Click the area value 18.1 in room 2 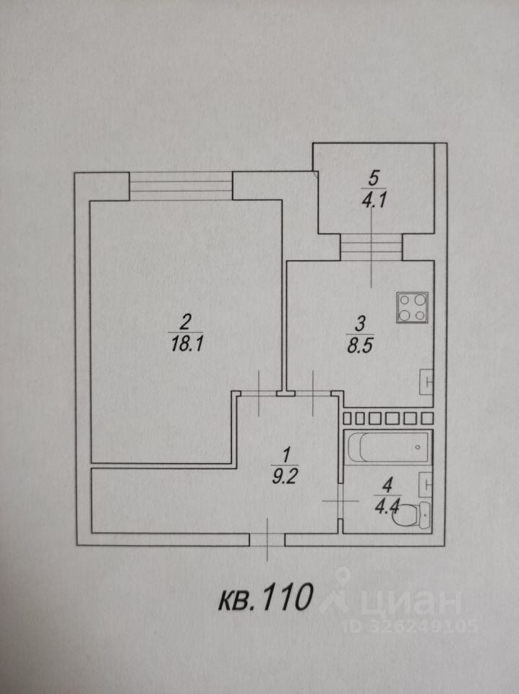click(x=186, y=344)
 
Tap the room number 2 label click(x=186, y=320)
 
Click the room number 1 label click(x=286, y=455)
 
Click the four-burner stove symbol click(x=411, y=308)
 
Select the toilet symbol click(x=415, y=514)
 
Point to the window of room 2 click(x=181, y=186)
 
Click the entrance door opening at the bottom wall click(x=267, y=539)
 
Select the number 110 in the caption click(x=287, y=599)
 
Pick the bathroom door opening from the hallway click(x=340, y=501)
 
